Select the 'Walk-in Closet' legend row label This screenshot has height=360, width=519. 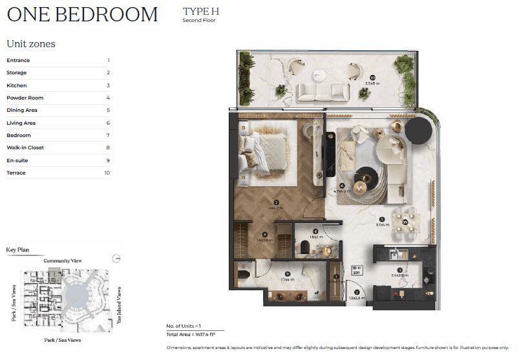(26, 147)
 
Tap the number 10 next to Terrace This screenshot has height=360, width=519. (107, 173)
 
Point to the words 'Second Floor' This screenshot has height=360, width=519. (198, 21)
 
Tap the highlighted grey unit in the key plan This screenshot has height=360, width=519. (54, 268)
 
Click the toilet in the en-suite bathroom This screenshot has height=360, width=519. (243, 275)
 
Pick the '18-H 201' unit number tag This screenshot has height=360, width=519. (355, 270)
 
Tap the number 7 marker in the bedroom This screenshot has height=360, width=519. (275, 202)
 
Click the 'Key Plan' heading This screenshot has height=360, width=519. (17, 249)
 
